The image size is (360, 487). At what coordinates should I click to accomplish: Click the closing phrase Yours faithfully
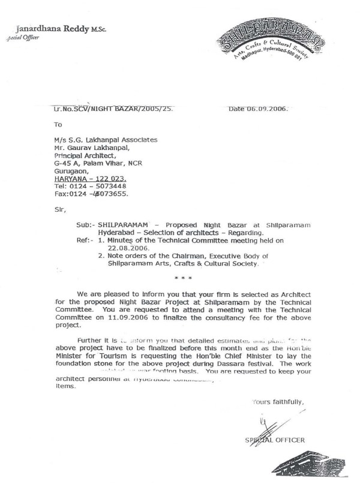(x=277, y=402)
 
